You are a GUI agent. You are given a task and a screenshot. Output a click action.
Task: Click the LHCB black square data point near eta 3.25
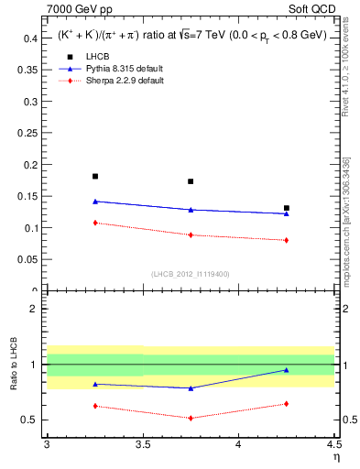(95, 176)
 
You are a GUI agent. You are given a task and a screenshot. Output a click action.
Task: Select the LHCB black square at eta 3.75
(191, 181)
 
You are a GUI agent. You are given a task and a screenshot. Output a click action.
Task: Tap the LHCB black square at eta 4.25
(287, 208)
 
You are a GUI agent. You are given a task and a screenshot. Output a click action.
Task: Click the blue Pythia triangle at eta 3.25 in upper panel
(95, 201)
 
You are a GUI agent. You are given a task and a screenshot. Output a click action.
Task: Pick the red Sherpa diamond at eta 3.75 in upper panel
(191, 234)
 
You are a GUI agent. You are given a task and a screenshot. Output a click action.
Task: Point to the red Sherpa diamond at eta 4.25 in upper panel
(287, 240)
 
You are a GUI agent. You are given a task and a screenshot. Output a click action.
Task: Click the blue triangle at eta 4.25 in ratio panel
(287, 370)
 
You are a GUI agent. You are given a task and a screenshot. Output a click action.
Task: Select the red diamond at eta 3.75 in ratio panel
(191, 418)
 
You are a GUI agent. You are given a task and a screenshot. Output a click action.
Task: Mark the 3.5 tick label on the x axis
(143, 444)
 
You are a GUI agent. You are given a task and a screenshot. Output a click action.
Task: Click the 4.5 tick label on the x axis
(333, 444)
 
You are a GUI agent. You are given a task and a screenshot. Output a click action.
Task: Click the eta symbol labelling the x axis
(335, 456)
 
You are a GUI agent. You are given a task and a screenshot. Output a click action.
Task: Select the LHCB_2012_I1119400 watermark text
(191, 274)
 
